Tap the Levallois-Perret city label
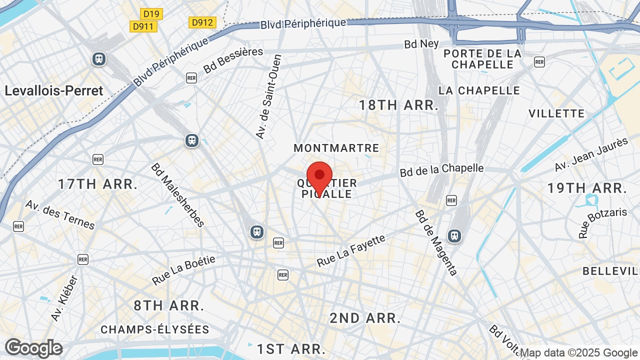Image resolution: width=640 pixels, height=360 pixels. coord(54,90)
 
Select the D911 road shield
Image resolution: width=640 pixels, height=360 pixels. coord(143,26)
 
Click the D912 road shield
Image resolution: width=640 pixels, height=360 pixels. coord(202,22)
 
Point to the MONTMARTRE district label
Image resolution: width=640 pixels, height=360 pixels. coord(336,148)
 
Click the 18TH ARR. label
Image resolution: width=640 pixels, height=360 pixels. coord(399,105)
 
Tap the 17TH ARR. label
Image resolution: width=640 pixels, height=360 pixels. coord(97,184)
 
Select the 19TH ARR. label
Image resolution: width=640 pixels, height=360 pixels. coord(587,188)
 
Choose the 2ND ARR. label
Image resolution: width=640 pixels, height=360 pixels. coord(365,318)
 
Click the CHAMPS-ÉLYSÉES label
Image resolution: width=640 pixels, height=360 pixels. coord(155,329)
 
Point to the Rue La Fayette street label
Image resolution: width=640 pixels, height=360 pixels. coord(351,250)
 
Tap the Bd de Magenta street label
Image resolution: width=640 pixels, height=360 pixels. coord(436,242)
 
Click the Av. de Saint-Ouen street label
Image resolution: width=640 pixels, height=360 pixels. coord(268,96)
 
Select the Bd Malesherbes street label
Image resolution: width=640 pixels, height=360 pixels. coord(178,195)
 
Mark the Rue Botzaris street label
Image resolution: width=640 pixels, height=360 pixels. coord(602,223)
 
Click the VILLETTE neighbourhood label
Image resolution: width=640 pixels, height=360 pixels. coord(556,113)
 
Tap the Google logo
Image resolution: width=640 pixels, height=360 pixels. coord(33,348)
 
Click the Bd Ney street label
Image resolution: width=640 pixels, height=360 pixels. coord(421,44)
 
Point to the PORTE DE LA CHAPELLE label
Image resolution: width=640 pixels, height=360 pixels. coord(482,59)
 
